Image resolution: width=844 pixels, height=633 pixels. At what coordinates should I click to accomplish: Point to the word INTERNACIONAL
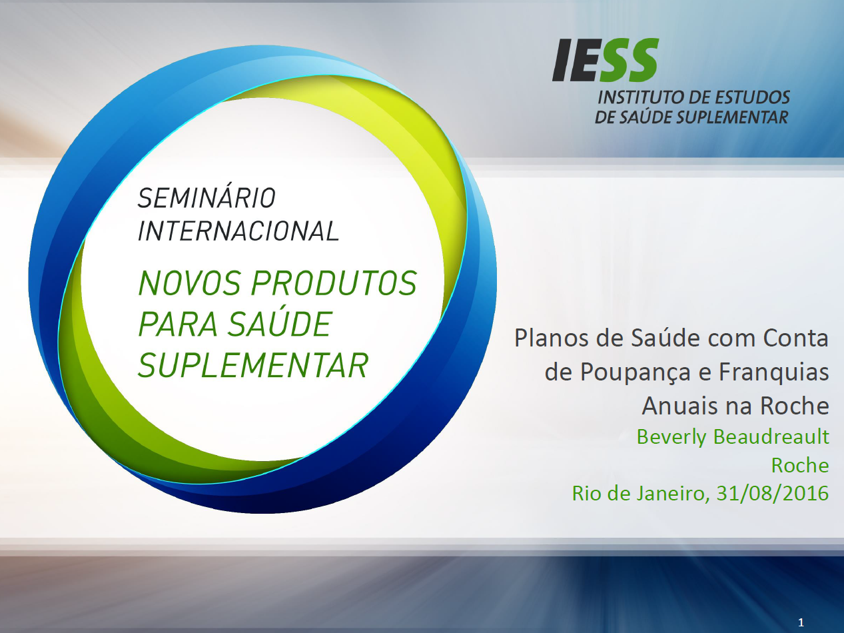pyautogui.click(x=238, y=231)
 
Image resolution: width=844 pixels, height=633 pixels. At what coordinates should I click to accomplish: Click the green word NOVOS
pyautogui.click(x=189, y=283)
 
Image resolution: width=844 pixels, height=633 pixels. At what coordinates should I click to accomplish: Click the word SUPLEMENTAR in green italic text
pyautogui.click(x=253, y=365)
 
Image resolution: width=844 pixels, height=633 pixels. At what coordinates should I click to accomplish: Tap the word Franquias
pyautogui.click(x=773, y=372)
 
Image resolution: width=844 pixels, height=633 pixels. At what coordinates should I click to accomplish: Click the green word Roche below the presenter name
pyautogui.click(x=800, y=465)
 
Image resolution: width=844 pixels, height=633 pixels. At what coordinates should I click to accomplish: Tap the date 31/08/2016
pyautogui.click(x=773, y=493)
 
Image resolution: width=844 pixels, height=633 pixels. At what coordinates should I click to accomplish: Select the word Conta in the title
pyautogui.click(x=795, y=338)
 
